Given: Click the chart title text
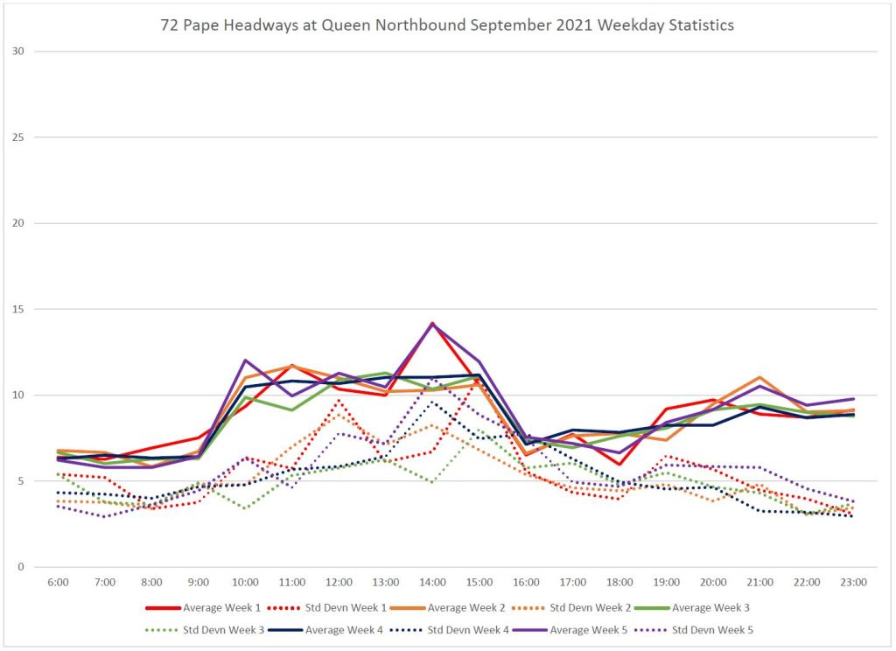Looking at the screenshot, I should coord(447,25).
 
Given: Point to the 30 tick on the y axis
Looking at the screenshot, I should coord(17,52).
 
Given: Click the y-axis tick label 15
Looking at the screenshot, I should coord(17,309).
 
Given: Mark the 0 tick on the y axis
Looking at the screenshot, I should coord(19,567).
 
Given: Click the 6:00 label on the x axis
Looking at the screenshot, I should coord(58,582).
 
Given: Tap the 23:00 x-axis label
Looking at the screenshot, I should coord(853,582).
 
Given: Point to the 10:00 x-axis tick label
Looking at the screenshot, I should coord(245,582).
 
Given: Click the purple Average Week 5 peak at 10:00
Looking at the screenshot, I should coord(245,360).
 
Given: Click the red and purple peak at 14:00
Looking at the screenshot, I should coord(432,324).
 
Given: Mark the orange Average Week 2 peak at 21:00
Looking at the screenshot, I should coord(759,377).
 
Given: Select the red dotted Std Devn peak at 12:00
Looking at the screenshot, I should coord(339,401).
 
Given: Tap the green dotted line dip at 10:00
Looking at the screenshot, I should coord(245,508).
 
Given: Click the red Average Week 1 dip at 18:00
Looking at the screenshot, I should coord(619,465).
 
